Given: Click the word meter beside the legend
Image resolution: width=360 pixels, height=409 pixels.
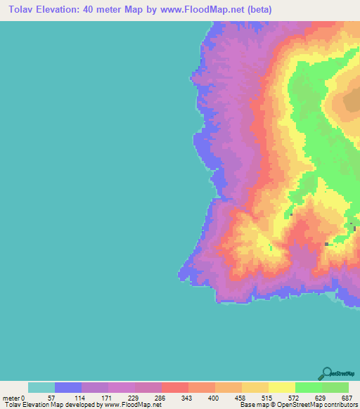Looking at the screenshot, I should (11, 398).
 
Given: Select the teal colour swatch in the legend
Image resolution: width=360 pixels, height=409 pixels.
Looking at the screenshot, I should (41, 387).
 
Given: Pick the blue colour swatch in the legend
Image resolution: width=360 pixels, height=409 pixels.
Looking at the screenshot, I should (68, 387).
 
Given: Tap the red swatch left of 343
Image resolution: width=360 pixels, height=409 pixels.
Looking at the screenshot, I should (174, 387).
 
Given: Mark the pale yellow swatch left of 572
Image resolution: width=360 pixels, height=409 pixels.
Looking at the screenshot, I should (281, 387).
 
